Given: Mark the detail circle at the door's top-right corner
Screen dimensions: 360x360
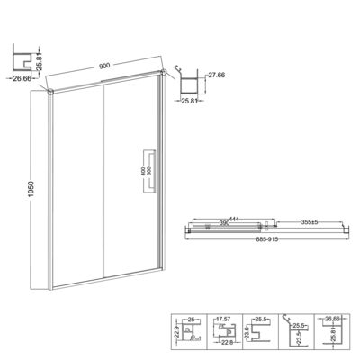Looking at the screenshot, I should (x=161, y=71).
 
